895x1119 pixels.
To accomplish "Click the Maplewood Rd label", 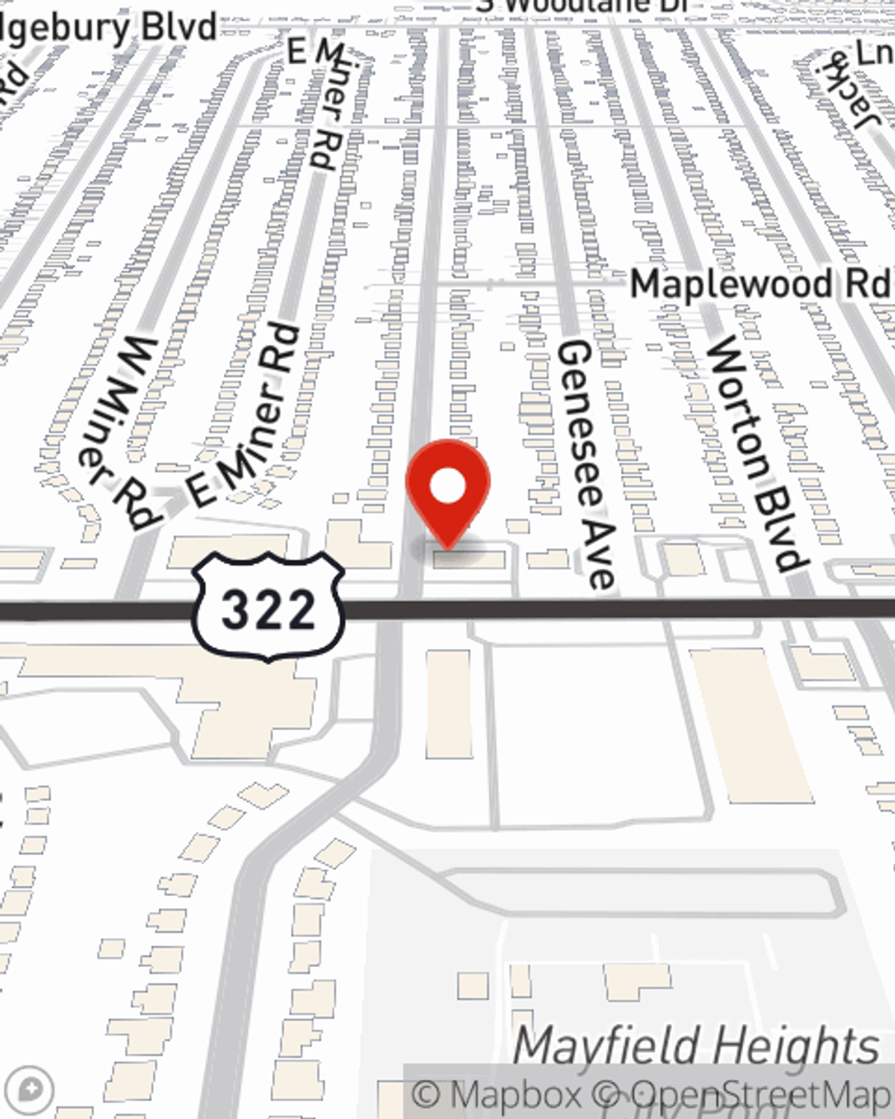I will (x=761, y=285).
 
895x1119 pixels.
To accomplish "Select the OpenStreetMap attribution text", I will (x=761, y=1095).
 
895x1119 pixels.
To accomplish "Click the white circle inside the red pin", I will (x=447, y=487).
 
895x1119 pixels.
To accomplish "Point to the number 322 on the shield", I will (x=268, y=611).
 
